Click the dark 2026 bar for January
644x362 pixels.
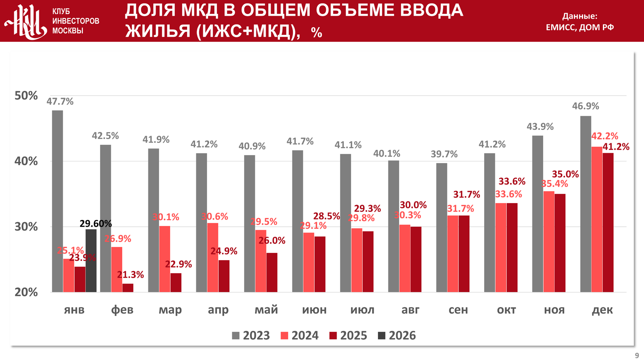coord(91,260)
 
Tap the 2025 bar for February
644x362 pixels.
coord(128,288)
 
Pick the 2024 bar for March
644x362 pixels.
coord(164,259)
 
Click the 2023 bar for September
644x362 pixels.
coord(442,228)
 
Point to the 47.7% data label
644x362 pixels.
coord(60,102)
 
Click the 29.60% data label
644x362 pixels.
coord(95,224)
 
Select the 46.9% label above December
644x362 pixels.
coord(585,106)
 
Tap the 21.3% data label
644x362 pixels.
coord(130,275)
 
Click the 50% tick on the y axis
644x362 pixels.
coord(26,96)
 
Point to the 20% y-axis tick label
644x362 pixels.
coord(26,292)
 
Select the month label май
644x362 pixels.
coord(266,310)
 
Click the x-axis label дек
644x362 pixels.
coord(602,310)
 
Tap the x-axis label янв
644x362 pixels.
coord(74,310)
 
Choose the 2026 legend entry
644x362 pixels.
coord(397,336)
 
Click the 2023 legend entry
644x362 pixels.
coord(251,336)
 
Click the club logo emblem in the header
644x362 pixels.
coord(26,21)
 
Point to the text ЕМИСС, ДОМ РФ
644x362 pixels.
coord(580,27)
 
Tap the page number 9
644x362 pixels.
coord(637,356)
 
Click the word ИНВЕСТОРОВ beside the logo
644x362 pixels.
coord(76,21)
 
